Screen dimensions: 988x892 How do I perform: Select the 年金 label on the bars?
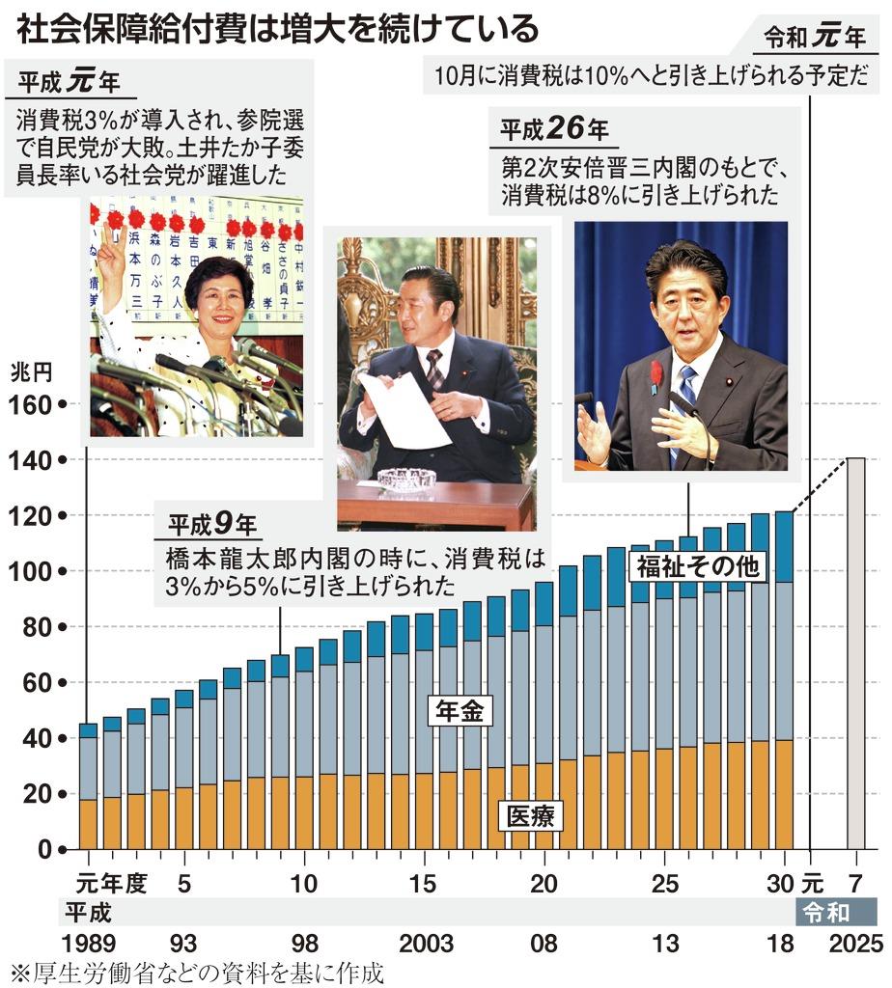(460, 712)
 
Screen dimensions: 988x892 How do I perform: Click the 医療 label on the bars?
(530, 816)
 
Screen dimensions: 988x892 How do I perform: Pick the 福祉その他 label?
(697, 566)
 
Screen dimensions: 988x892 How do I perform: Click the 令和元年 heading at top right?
(815, 38)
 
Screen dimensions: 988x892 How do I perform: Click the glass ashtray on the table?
(406, 479)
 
